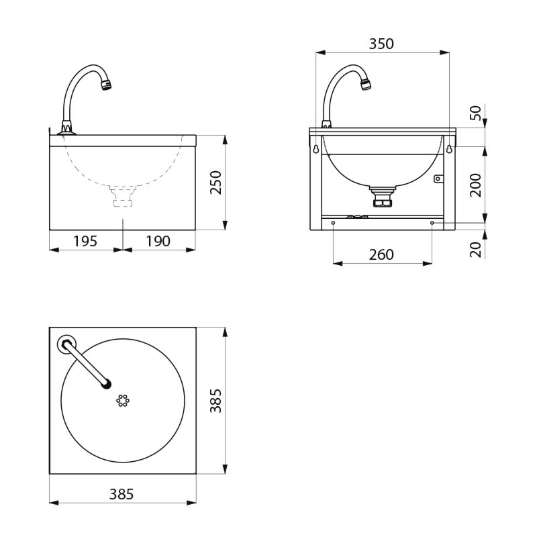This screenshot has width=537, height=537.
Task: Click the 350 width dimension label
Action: point(381,44)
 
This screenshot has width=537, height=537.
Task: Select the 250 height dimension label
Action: point(216,183)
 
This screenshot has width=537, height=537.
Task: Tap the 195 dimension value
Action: point(85,241)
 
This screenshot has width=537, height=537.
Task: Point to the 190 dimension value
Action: point(158,241)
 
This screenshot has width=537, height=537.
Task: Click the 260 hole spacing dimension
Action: point(381,254)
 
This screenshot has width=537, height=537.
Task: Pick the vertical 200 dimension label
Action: point(476,185)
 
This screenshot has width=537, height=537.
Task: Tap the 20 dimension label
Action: point(476,250)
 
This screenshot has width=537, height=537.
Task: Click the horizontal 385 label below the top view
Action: point(121,494)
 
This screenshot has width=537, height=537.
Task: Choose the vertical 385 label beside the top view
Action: point(216,401)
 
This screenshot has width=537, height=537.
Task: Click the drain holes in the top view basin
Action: point(123,400)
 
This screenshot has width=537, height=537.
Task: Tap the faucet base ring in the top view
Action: point(66,344)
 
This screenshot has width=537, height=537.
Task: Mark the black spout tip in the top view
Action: point(105,385)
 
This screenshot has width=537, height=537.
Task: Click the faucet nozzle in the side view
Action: point(105,85)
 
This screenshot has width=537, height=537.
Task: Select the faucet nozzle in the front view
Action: point(365,85)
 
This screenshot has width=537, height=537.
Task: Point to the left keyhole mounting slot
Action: point(315,149)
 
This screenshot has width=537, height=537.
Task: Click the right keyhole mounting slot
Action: point(449,149)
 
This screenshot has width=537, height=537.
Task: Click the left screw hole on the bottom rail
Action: point(333,223)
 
